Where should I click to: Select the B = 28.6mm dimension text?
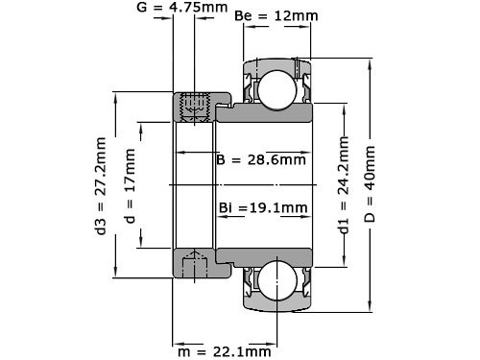point(260,159)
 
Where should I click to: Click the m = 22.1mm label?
point(224,350)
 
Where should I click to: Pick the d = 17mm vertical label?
point(130,180)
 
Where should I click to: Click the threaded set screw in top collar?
point(196,106)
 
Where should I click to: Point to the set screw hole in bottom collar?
point(196,262)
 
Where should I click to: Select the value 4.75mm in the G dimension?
point(209,9)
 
